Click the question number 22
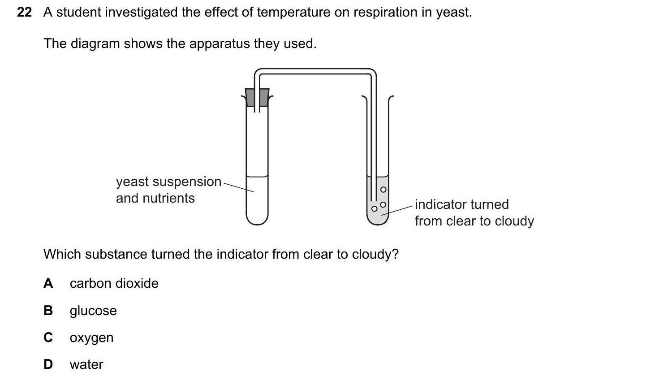pos(24,12)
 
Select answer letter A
pos(48,283)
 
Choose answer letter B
pos(48,310)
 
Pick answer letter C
pos(48,337)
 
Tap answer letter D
pos(48,364)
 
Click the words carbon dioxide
pos(114,283)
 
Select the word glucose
pos(93,311)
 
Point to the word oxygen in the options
pos(91,338)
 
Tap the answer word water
pos(86,364)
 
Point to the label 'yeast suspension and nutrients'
pos(168,190)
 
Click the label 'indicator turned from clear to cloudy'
pos(474,212)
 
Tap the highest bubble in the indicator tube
pos(383,190)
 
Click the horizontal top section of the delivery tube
pos(315,71)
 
